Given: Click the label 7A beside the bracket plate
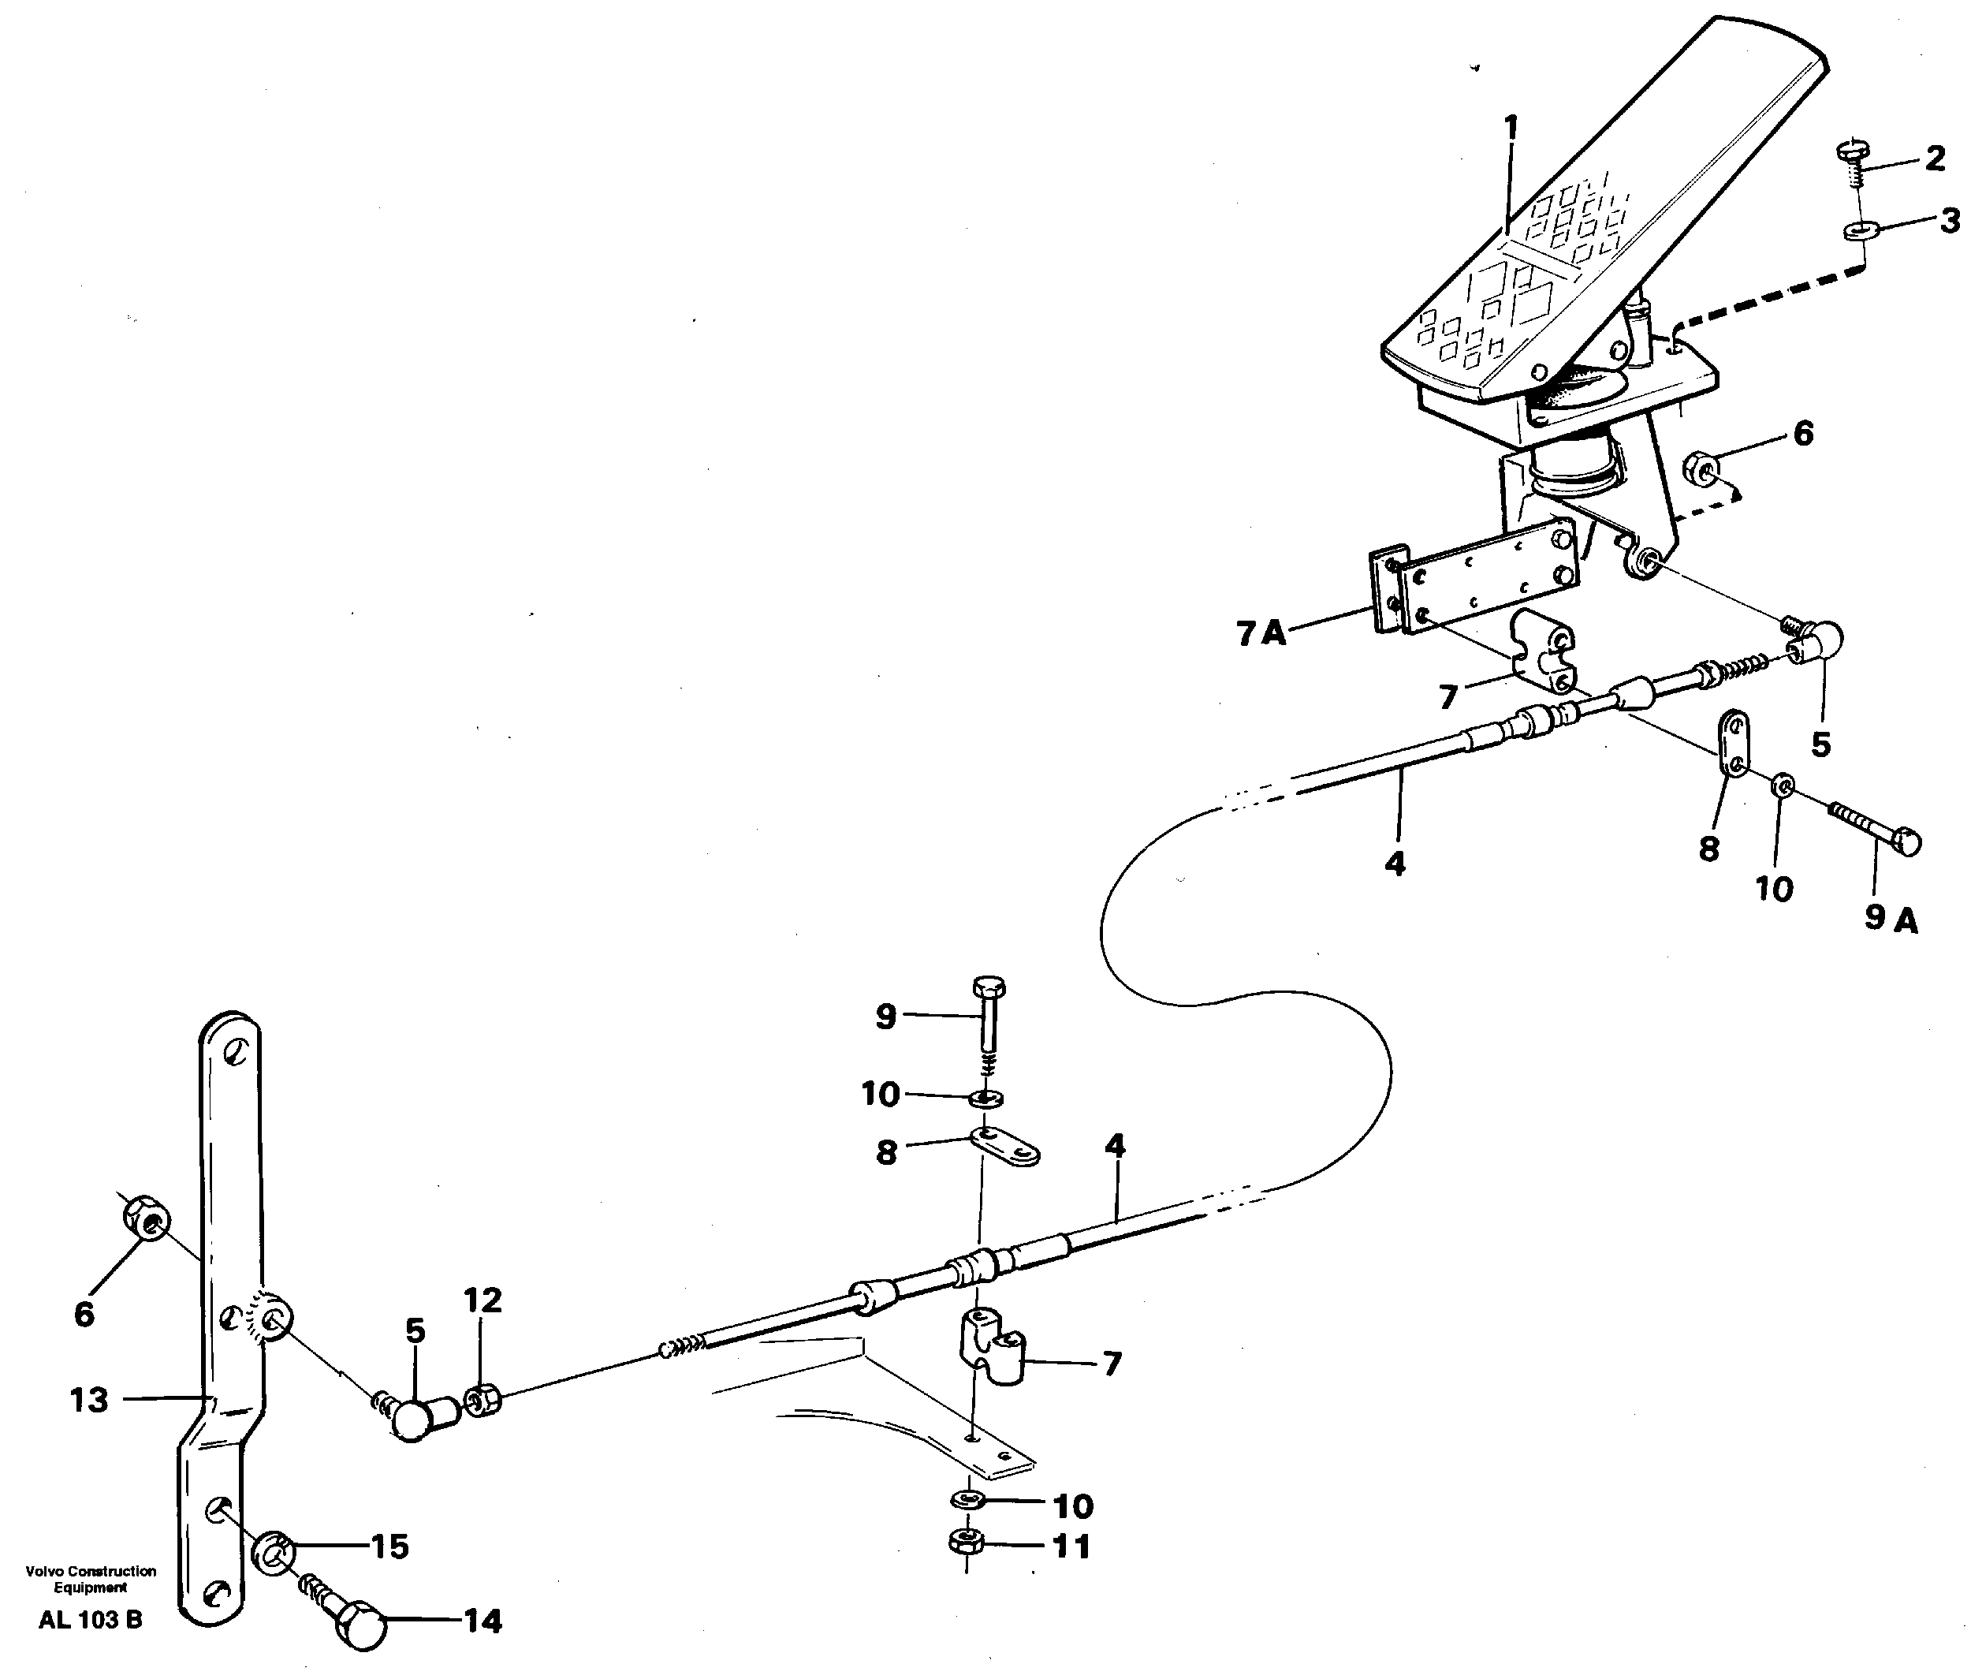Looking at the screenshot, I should (1261, 633).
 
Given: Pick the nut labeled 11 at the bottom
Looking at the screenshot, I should (966, 1542).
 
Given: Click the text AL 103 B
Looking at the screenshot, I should (91, 1620).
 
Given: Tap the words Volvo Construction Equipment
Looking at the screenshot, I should (91, 1579).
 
